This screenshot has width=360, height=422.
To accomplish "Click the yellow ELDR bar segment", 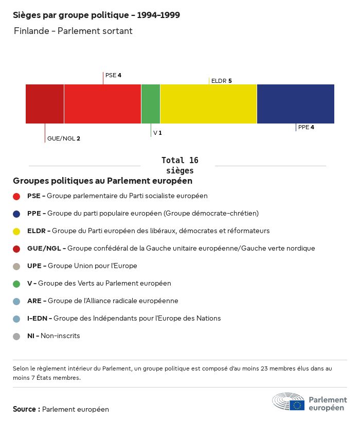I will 208,104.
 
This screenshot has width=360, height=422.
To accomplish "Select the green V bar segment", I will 151,104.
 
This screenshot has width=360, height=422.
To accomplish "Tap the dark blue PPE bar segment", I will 295,104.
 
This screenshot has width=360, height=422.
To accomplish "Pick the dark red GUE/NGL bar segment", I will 45,104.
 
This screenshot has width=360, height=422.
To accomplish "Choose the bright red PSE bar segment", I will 102,104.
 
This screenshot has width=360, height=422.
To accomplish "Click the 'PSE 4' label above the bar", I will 113,75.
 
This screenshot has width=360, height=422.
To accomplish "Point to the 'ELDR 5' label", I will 221,81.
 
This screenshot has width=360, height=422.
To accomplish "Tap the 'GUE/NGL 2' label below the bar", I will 63,138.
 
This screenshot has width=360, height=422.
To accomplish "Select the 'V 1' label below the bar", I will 157,133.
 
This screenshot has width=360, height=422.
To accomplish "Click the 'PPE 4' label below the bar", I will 305,127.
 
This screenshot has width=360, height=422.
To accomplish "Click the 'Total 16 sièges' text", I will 179,165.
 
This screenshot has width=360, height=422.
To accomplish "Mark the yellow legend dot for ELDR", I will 16,231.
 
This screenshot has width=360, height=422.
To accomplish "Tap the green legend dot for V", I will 16,284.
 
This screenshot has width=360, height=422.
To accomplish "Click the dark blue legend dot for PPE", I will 16,214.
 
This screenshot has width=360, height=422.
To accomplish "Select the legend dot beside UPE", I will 16,266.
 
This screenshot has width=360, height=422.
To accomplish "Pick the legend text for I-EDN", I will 123,318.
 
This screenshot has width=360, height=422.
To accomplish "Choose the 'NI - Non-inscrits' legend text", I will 53,336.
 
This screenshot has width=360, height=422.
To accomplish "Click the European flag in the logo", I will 297,405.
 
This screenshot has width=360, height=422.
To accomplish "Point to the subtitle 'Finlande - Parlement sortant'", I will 73,31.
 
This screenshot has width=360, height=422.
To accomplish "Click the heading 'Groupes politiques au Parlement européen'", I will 102,181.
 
